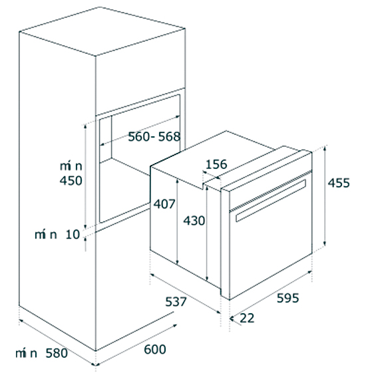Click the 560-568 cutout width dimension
tap(154, 136)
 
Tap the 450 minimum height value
tap(71, 181)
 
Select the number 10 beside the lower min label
tap(73, 235)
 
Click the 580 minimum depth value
tap(57, 353)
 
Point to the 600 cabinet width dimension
tap(155, 349)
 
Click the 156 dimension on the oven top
tap(216, 164)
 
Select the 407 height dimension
tap(164, 203)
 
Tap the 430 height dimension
tap(194, 221)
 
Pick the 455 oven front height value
tap(339, 183)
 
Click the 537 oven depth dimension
tap(176, 302)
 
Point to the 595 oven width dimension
tap(288, 298)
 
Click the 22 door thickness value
tap(247, 318)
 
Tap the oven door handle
tap(271, 200)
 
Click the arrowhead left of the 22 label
tap(232, 318)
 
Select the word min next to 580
tap(26, 353)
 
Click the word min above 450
tap(71, 166)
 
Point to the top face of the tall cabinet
tap(102, 31)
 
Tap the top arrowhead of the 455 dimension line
tap(325, 148)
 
